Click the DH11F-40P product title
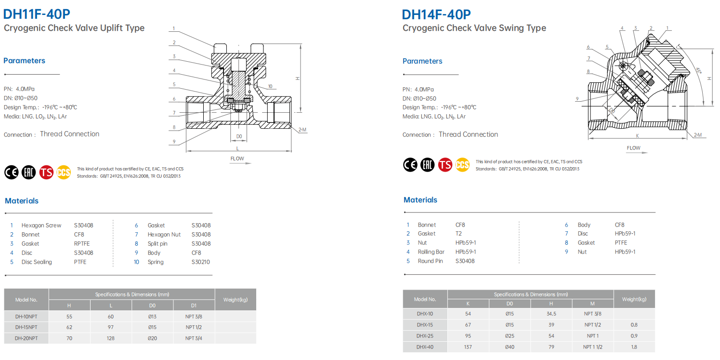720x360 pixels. [x=36, y=14]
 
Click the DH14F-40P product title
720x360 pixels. [x=436, y=14]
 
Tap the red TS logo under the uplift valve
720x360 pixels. [x=46, y=173]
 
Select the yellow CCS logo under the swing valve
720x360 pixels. [x=462, y=165]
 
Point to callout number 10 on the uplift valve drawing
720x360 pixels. [x=270, y=86]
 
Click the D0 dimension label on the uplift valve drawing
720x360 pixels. [x=239, y=136]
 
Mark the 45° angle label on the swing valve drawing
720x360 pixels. [x=698, y=70]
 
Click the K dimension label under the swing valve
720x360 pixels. [x=637, y=136]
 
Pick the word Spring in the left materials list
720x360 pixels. [x=156, y=262]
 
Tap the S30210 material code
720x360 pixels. [x=200, y=262]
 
